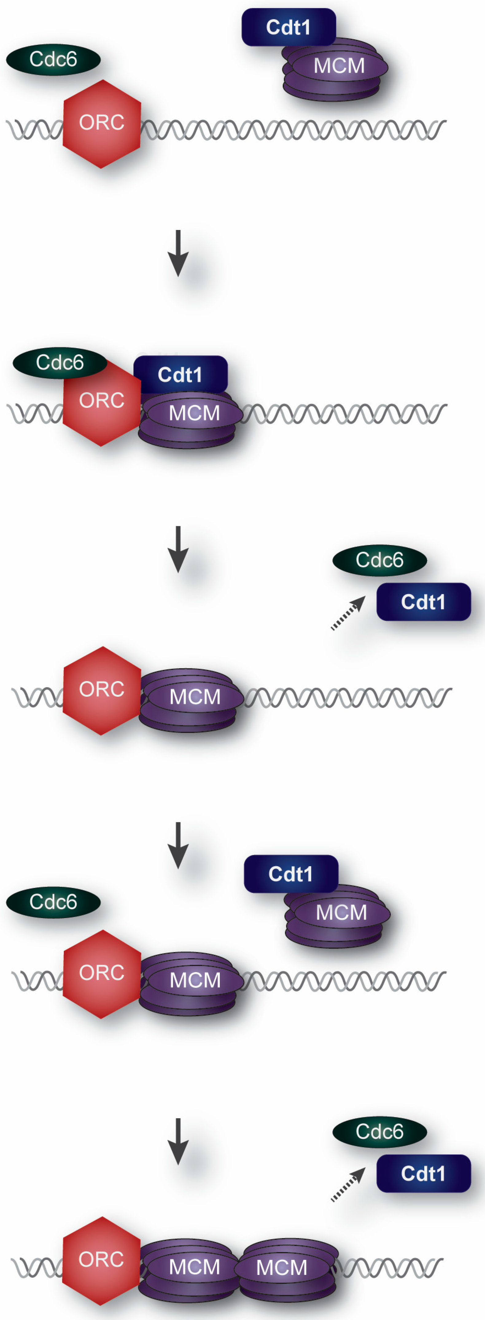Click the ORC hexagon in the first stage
(x=101, y=123)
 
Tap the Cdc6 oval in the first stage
(x=53, y=60)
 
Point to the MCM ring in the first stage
(x=336, y=69)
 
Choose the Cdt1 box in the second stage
(x=180, y=375)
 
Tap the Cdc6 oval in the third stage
(x=379, y=560)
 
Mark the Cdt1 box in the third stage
(x=424, y=602)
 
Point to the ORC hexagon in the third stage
(x=101, y=690)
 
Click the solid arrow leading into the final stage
(x=178, y=1141)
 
